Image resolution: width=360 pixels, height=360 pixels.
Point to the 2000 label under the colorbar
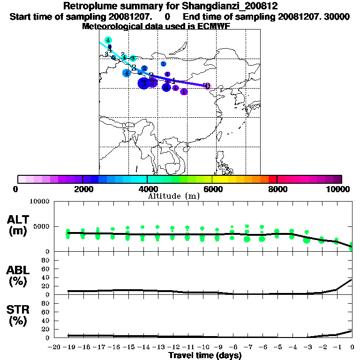[82, 189]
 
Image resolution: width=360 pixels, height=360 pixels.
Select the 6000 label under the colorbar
[212, 189]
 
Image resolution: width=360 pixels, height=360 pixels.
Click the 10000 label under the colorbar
[338, 189]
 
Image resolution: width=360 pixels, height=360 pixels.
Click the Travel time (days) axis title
[205, 356]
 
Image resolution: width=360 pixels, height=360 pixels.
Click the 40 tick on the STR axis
[46, 321]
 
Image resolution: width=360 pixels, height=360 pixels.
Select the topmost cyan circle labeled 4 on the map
[108, 40]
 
